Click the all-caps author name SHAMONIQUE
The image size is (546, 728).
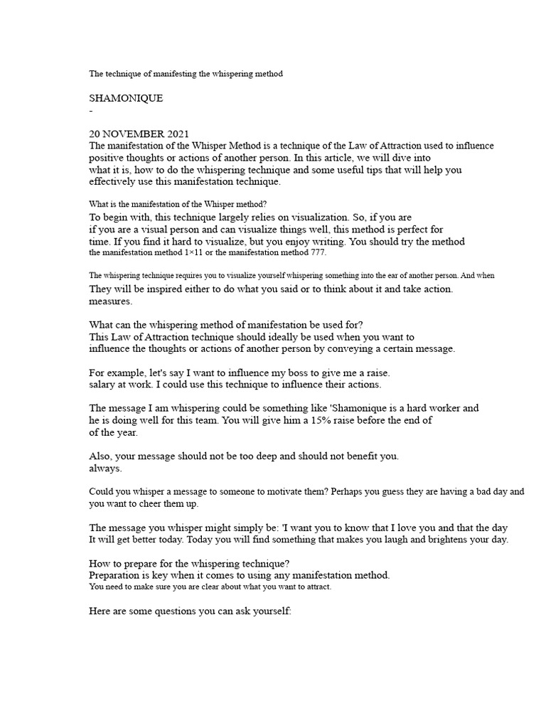pos(126,98)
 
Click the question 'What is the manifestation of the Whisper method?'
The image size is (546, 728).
pos(177,204)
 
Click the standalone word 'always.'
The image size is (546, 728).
pos(105,468)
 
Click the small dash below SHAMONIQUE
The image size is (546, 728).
pos(91,112)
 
